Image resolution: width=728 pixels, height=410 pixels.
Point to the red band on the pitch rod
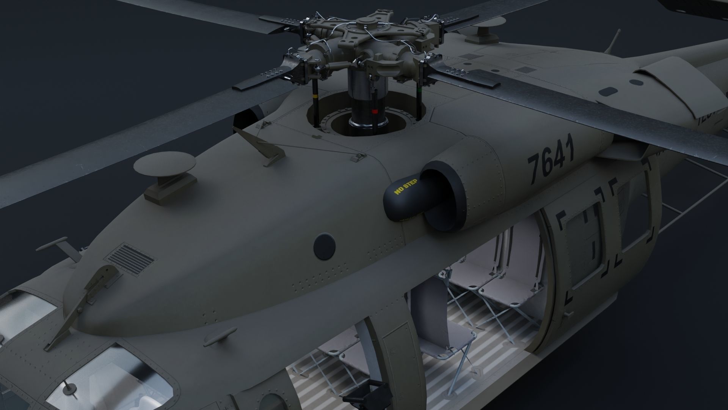tap(375, 112)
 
